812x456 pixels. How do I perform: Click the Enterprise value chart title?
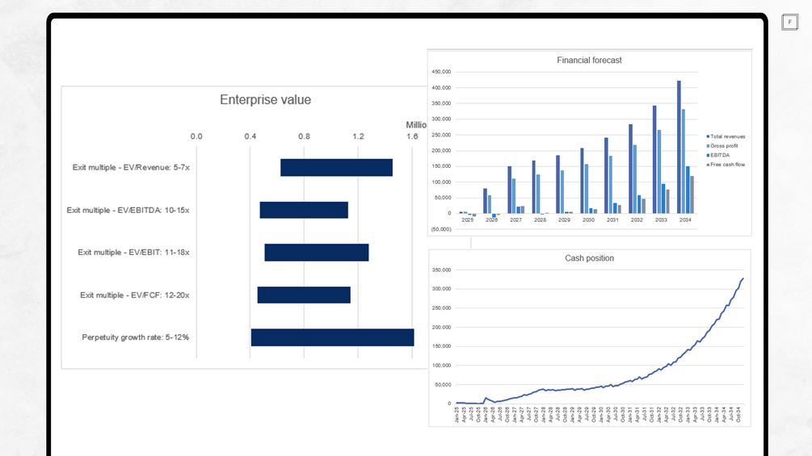265,100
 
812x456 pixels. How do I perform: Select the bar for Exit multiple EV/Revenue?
336,168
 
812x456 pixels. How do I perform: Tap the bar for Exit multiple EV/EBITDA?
304,210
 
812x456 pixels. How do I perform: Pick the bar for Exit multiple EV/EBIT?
317,253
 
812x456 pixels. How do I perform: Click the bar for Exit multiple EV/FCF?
304,295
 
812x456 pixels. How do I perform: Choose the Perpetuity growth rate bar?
332,337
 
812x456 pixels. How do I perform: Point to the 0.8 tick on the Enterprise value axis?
304,136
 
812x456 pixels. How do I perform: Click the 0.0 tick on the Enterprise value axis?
196,136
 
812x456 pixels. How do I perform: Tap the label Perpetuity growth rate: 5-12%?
136,337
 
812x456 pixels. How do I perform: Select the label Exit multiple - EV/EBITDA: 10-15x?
128,210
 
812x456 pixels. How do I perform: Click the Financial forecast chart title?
589,61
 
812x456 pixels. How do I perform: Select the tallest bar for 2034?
679,147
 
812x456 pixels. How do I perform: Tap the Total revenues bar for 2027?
510,190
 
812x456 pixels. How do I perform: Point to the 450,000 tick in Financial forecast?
441,72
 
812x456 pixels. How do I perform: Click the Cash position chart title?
589,258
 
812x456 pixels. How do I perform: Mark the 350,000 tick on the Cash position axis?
441,270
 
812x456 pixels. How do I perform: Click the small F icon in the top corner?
789,23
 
